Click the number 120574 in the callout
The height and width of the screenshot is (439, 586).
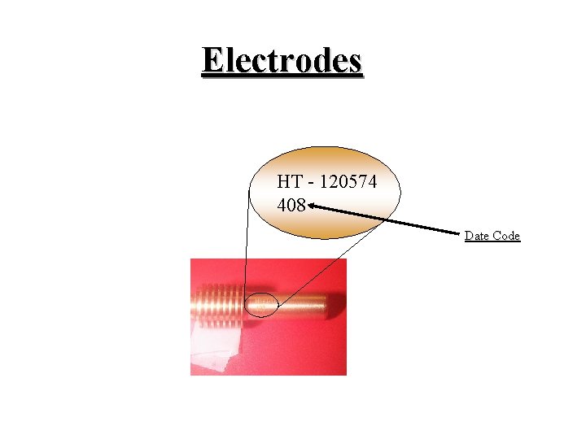(x=348, y=182)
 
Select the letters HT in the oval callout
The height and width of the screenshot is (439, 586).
(x=288, y=182)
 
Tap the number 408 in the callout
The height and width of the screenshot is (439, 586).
(x=291, y=205)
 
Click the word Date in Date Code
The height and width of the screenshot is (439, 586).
(x=477, y=236)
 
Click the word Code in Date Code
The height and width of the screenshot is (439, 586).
(x=505, y=236)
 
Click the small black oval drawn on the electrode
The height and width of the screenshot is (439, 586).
(x=263, y=306)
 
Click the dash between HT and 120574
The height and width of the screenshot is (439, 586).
(x=310, y=183)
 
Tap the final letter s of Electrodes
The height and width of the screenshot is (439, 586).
(x=354, y=61)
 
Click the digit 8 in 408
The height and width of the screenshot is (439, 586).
(x=300, y=205)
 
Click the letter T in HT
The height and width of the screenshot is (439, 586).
(x=294, y=182)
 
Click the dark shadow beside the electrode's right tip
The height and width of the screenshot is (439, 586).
(x=331, y=308)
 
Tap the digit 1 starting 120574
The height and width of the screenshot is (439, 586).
(x=323, y=182)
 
